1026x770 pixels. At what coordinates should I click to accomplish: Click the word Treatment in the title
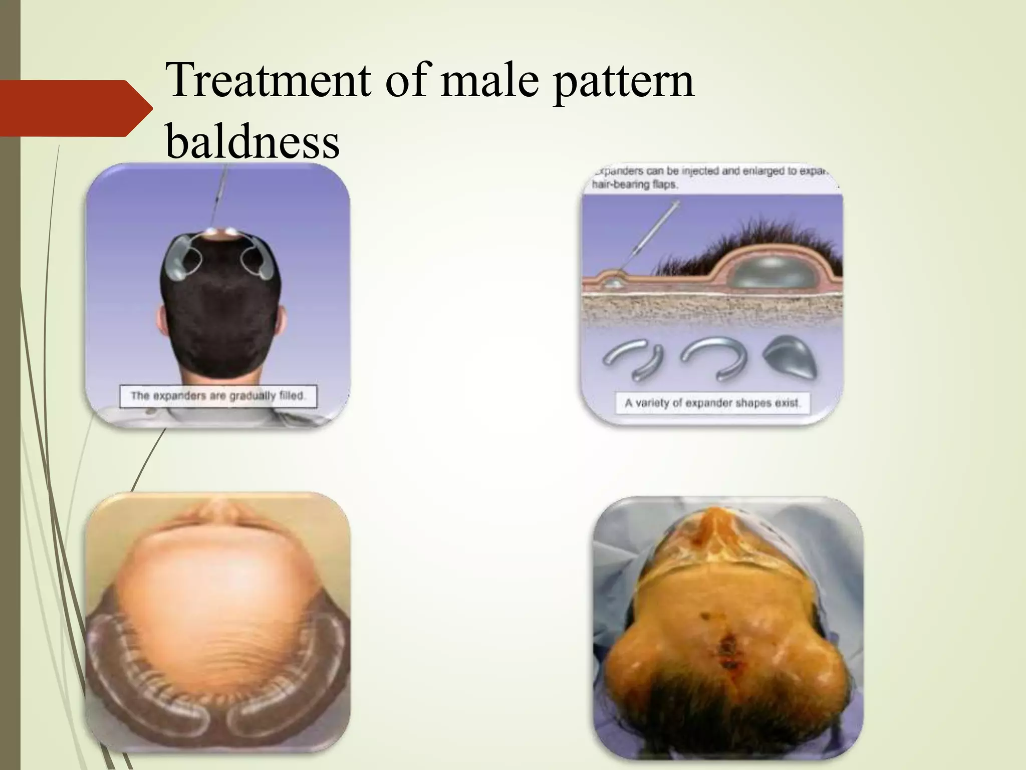click(x=268, y=80)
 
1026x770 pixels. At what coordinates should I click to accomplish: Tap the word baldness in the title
click(x=252, y=142)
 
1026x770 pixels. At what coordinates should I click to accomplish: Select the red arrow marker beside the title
click(x=75, y=108)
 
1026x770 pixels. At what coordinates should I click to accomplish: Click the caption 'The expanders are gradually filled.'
click(x=218, y=396)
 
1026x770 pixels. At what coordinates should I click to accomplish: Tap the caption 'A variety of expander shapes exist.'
click(x=712, y=403)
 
